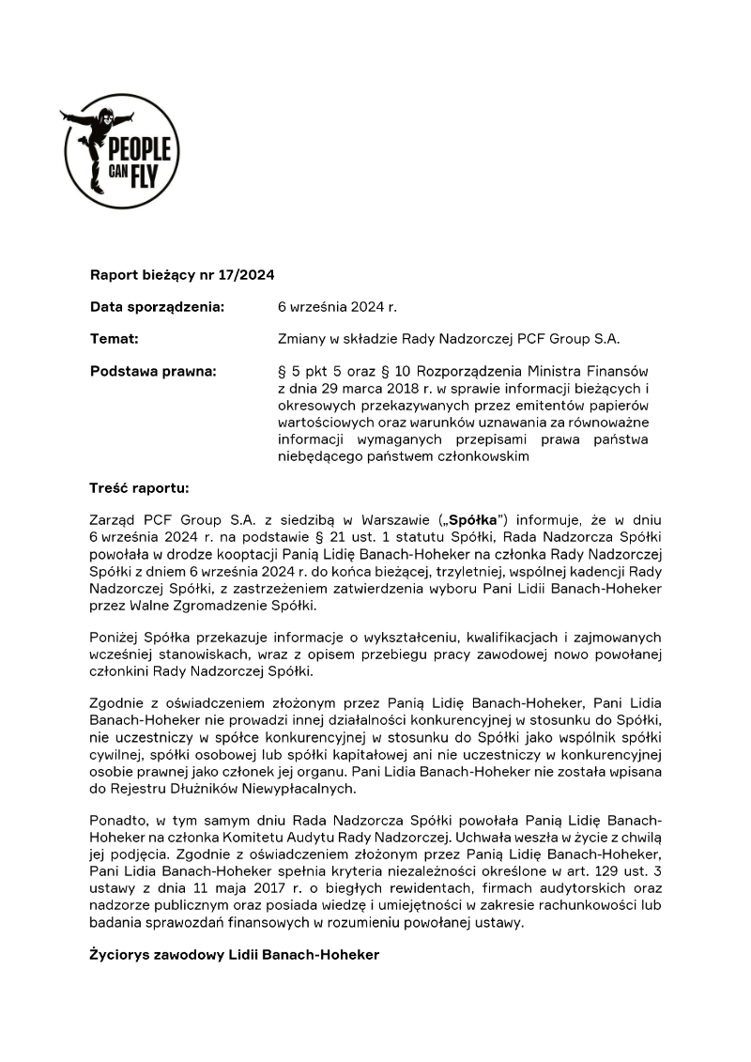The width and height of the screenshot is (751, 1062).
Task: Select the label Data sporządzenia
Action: click(157, 307)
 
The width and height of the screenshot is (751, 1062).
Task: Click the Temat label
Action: click(114, 339)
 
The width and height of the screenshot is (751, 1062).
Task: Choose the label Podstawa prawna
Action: click(152, 371)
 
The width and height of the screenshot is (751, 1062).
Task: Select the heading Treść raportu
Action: click(138, 488)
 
